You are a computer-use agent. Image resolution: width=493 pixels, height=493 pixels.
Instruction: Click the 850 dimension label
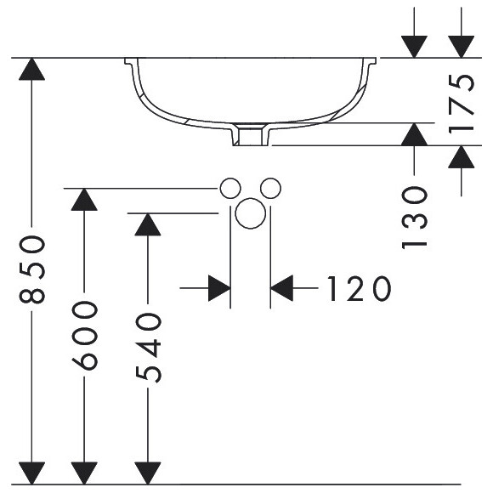(x=32, y=269)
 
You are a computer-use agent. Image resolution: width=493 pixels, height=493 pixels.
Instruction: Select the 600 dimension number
(x=85, y=335)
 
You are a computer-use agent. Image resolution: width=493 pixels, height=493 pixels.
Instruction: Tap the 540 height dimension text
(x=148, y=348)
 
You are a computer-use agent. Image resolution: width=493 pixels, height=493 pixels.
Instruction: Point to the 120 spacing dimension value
(x=360, y=289)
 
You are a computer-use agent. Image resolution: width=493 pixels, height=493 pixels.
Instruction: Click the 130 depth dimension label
(x=415, y=218)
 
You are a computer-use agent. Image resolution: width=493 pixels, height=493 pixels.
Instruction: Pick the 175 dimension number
(x=461, y=104)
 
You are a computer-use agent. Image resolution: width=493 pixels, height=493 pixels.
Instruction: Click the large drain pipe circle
(x=250, y=213)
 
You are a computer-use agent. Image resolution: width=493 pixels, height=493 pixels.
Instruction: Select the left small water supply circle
(x=230, y=189)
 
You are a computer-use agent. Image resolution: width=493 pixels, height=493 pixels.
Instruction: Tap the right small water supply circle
(x=270, y=189)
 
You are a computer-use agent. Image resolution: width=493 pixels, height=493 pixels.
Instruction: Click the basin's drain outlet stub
(x=251, y=134)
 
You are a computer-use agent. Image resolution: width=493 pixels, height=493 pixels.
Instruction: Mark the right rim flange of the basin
(x=370, y=61)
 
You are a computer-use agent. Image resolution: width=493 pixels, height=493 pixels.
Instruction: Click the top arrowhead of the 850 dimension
(x=31, y=69)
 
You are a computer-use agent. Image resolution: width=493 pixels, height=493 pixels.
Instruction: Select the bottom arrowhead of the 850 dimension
(x=31, y=473)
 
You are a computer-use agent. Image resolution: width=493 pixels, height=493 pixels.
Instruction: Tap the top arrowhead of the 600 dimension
(x=84, y=200)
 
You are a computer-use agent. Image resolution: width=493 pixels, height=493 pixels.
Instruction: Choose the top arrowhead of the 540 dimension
(x=148, y=224)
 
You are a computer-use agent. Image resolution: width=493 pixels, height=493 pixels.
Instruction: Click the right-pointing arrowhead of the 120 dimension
(x=219, y=288)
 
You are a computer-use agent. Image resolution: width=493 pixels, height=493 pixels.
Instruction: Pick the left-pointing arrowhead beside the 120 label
(x=281, y=288)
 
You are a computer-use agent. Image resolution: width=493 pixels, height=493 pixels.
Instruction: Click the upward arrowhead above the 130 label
(x=415, y=134)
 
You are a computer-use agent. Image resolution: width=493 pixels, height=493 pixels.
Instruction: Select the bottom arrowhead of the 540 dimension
(x=148, y=473)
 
